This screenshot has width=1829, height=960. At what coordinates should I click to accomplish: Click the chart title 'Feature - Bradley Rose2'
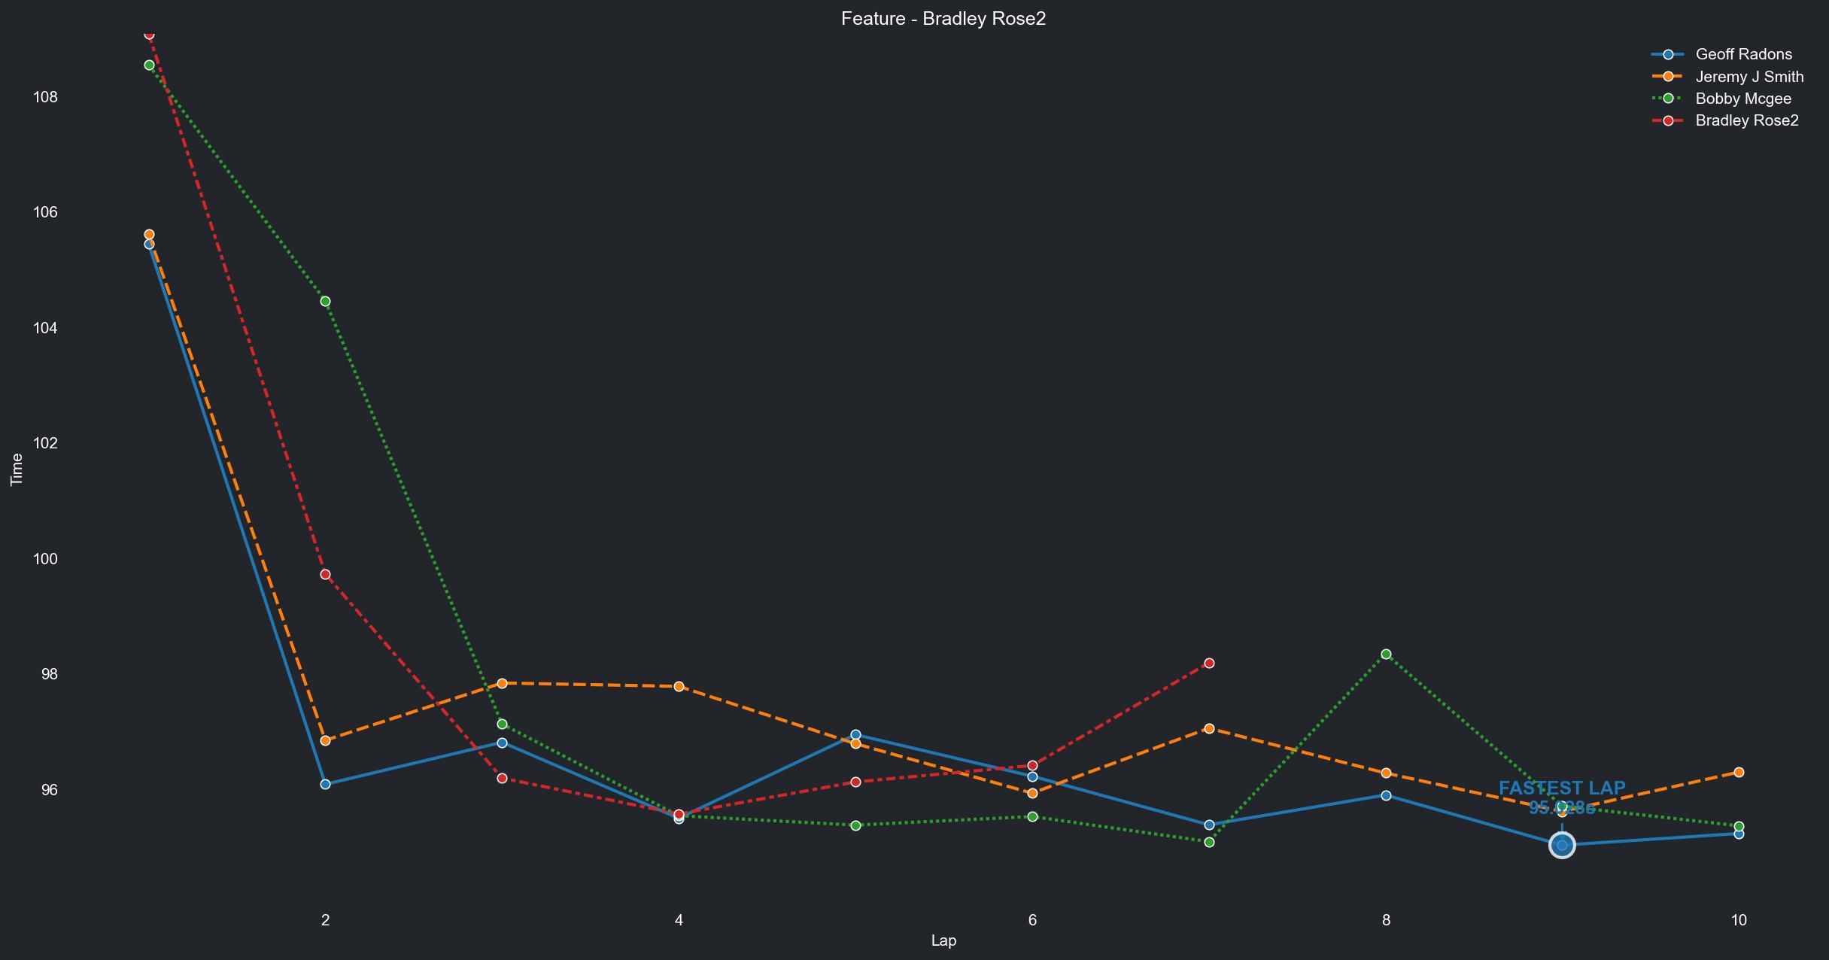click(x=943, y=19)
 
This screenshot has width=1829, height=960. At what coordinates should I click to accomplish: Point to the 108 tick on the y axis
click(x=45, y=97)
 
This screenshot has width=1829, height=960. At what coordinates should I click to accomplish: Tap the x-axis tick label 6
click(x=1032, y=919)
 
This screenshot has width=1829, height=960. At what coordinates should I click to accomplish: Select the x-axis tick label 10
click(x=1738, y=919)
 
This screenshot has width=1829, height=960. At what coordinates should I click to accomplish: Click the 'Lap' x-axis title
click(x=943, y=940)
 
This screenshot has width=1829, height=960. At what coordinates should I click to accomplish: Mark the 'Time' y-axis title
click(x=17, y=469)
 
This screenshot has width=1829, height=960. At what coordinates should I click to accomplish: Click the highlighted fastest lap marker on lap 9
click(x=1562, y=846)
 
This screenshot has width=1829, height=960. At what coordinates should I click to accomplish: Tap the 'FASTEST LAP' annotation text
click(x=1562, y=788)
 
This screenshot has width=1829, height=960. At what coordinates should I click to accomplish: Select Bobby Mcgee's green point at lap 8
click(x=1386, y=654)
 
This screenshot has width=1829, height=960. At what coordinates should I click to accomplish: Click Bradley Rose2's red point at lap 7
click(x=1209, y=663)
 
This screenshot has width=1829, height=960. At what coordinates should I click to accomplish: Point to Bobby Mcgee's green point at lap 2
click(x=325, y=301)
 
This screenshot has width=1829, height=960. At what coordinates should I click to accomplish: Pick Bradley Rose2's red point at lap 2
click(x=325, y=574)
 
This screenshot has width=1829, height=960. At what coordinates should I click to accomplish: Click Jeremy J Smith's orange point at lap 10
click(x=1739, y=773)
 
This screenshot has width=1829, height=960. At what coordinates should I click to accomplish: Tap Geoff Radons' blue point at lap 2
click(x=325, y=784)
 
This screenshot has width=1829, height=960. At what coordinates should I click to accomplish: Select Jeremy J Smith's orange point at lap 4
click(x=679, y=686)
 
